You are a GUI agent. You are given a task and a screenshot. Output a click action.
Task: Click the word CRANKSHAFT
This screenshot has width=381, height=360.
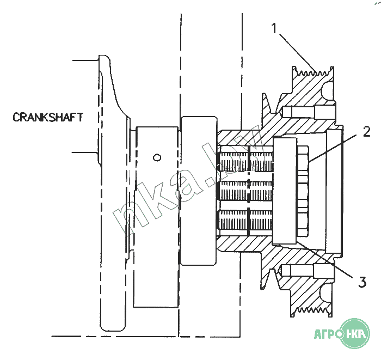tap(48, 117)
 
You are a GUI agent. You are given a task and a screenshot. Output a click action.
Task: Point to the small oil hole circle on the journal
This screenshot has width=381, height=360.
tap(157, 158)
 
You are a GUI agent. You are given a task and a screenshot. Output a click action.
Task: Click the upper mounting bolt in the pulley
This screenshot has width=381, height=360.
tap(308, 113)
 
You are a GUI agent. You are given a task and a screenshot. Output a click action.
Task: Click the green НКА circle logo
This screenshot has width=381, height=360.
tap(356, 333)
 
